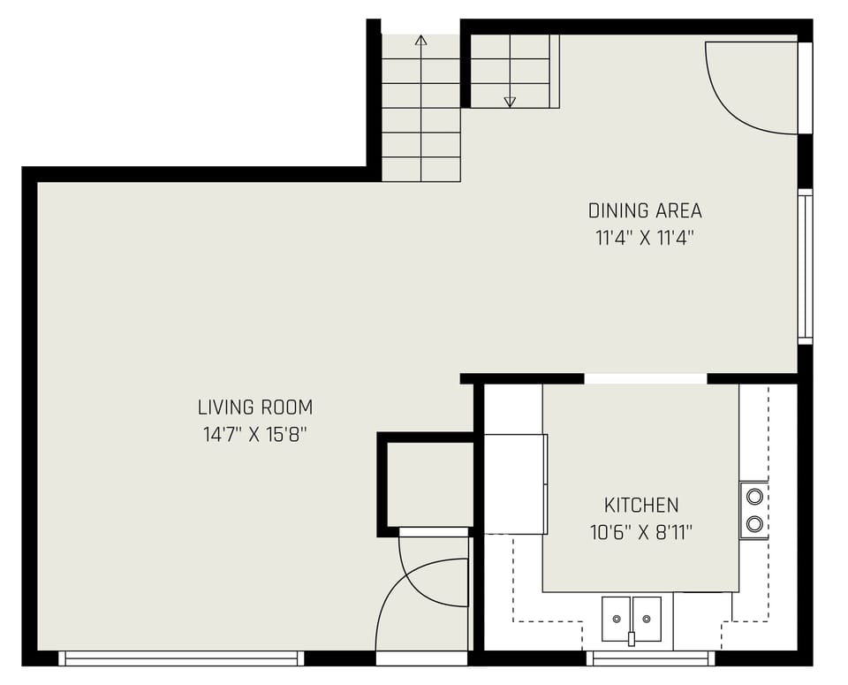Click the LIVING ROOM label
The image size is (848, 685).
[x=254, y=407]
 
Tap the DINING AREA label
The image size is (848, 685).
[x=645, y=211]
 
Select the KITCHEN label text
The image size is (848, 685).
[x=641, y=506]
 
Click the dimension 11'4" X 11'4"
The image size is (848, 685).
[x=645, y=238]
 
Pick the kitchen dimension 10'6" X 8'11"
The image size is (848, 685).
[x=641, y=532]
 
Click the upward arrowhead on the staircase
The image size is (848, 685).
[x=421, y=40]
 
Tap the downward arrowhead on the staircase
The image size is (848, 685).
[x=510, y=102]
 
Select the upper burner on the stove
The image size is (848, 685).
[x=754, y=496]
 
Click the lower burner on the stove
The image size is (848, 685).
[x=754, y=524]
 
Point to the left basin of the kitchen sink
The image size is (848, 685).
[x=616, y=617]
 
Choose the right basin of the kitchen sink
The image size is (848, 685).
[x=647, y=617]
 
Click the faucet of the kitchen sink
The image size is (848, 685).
[x=632, y=637]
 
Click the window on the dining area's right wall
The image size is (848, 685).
[x=805, y=265]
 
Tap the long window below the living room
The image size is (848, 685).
[x=181, y=658]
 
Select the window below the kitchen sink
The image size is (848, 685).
[x=650, y=658]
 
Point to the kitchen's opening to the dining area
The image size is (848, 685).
[x=646, y=379]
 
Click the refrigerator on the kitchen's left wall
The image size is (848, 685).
[x=515, y=483]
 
